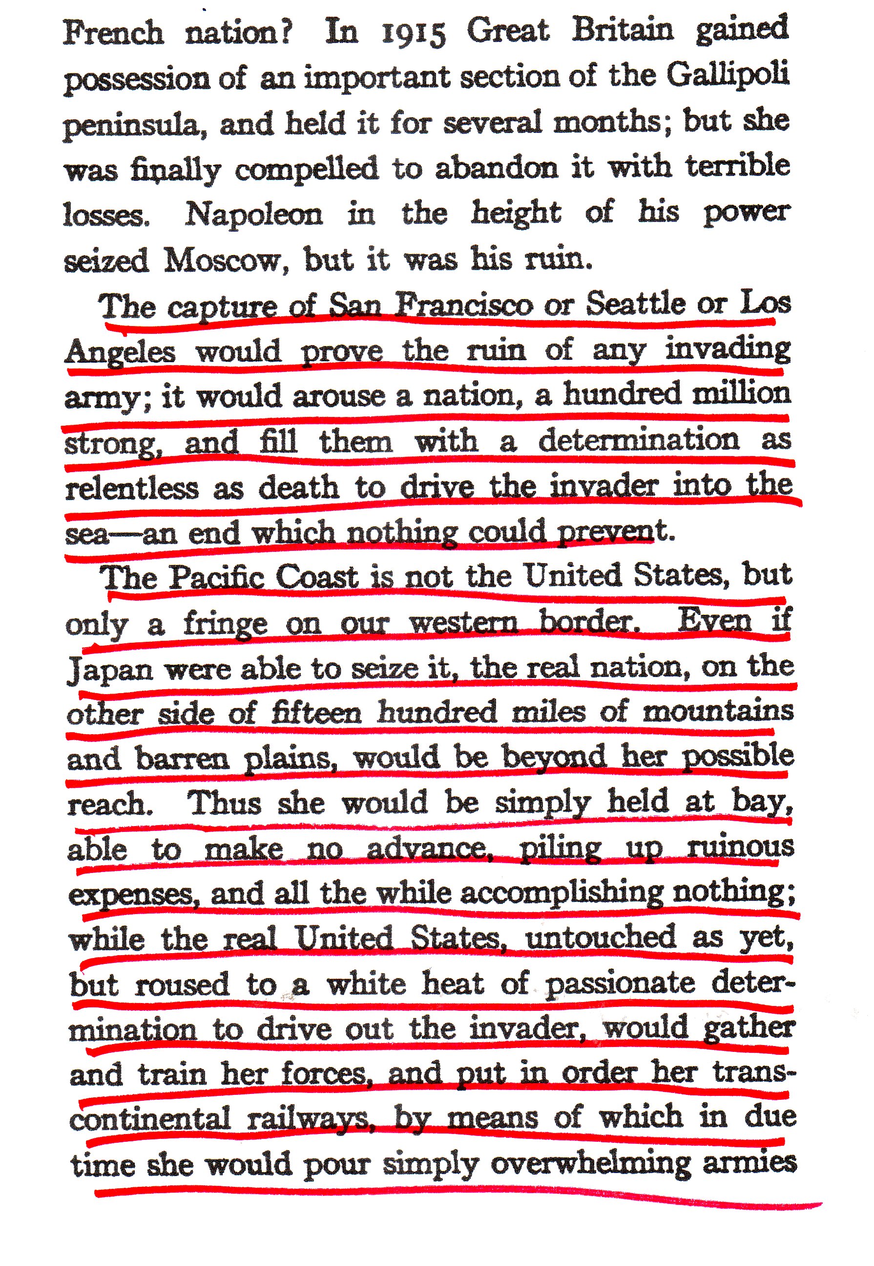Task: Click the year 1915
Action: tap(413, 33)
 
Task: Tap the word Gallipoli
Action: tap(728, 75)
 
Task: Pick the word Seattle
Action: tap(635, 303)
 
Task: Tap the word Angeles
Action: tap(120, 351)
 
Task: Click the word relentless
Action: tap(132, 488)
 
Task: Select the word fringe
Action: tap(225, 624)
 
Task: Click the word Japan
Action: tap(109, 670)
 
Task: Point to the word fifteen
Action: tap(316, 713)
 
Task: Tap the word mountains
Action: tap(717, 712)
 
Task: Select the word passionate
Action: tap(619, 984)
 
